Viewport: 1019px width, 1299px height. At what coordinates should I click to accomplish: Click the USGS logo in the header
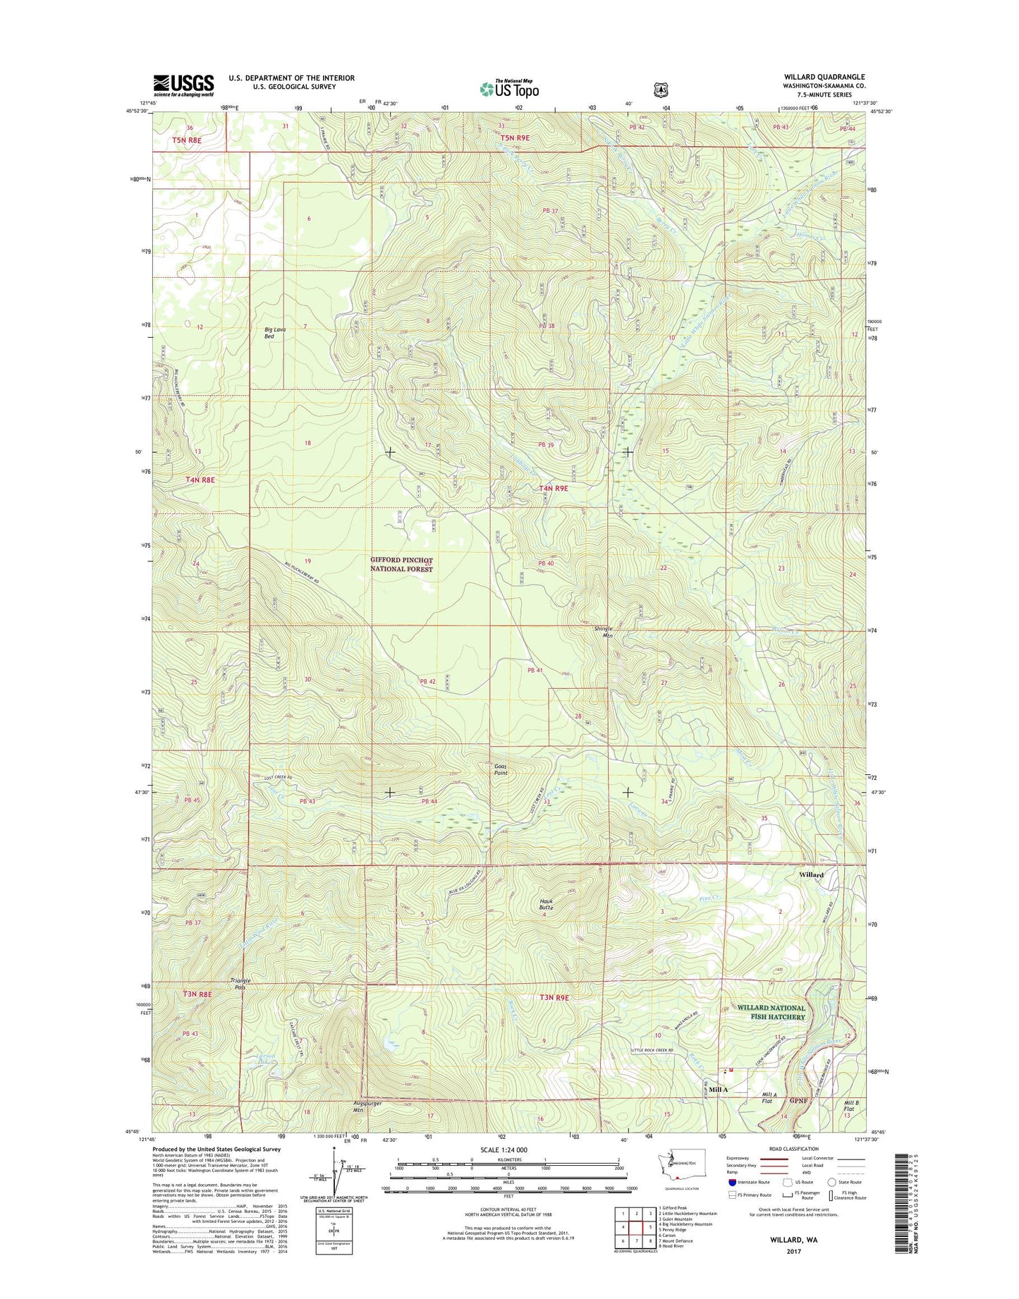click(x=183, y=85)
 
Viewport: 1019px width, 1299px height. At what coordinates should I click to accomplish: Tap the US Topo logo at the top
click(x=509, y=88)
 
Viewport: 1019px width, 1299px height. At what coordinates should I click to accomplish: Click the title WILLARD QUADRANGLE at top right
click(x=824, y=77)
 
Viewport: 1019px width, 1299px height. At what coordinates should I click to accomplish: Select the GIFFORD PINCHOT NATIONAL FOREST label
click(x=401, y=564)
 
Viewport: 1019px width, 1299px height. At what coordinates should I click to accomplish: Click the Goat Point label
click(x=501, y=769)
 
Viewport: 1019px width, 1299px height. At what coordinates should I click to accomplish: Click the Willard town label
click(x=811, y=874)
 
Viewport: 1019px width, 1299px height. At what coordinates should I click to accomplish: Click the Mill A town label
click(x=718, y=1090)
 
